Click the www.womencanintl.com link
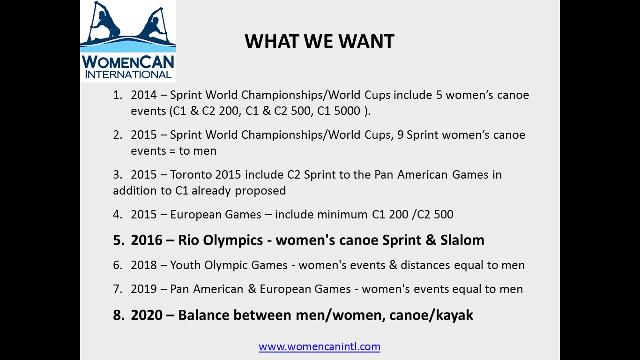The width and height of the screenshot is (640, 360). click(320, 346)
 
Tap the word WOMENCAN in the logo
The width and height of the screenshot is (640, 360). click(128, 62)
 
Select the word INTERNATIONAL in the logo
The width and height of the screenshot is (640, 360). click(128, 75)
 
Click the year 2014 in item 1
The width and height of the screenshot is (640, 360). click(144, 95)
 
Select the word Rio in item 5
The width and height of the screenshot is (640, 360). click(188, 240)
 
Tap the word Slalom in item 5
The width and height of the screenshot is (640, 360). click(462, 240)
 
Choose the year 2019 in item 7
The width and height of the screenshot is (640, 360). click(144, 289)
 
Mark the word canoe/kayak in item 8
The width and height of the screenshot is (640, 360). click(431, 315)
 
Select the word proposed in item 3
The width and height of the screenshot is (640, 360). click(260, 191)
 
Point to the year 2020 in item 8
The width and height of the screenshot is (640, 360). click(147, 315)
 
